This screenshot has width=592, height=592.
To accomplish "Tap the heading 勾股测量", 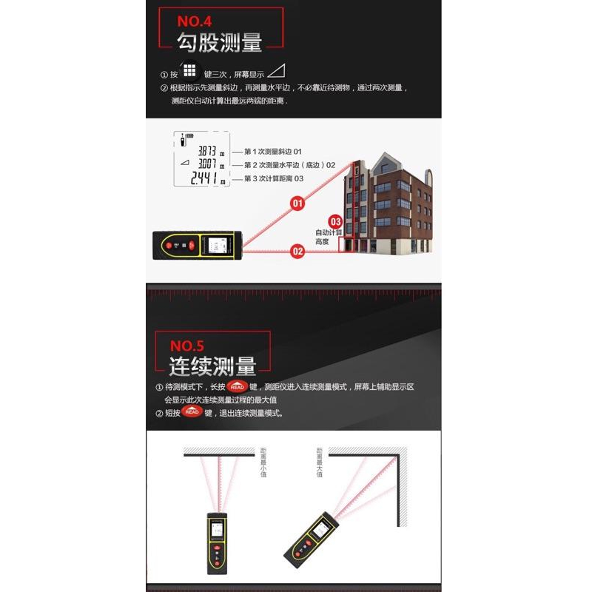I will click(220, 42).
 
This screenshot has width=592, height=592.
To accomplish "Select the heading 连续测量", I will click(212, 366).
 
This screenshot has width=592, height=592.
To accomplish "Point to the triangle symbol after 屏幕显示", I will click(276, 72).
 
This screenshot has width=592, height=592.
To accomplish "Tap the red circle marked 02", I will click(297, 251).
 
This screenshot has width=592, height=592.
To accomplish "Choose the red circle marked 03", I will click(335, 221).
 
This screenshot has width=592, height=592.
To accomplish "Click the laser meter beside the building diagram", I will click(197, 245).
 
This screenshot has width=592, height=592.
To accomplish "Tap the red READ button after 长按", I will click(237, 387).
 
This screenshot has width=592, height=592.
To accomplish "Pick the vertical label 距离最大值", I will click(320, 462).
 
